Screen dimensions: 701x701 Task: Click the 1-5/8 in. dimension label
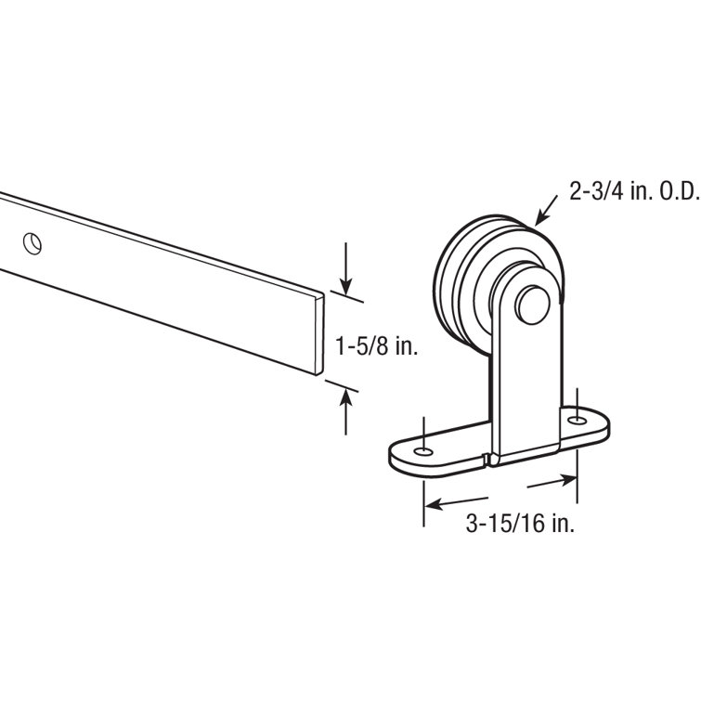377,346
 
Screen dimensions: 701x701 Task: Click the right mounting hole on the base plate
578,421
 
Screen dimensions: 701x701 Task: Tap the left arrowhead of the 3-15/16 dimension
433,504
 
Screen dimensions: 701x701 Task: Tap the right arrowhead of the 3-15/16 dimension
568,481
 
